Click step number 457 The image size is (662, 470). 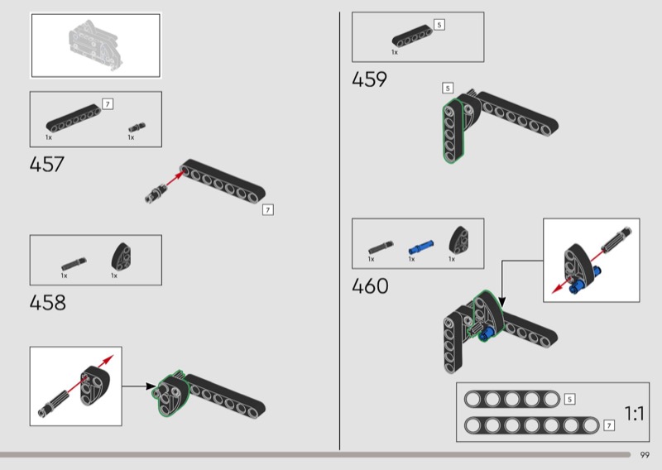tap(47, 165)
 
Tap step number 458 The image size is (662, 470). tap(48, 303)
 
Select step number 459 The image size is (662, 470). tap(369, 79)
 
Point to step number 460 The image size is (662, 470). tap(370, 285)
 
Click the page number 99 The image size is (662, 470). tap(645, 455)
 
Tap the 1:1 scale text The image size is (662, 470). tap(634, 414)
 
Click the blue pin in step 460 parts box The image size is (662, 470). tap(420, 247)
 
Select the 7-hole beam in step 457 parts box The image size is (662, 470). tap(74, 117)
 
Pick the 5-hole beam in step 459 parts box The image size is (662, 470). tap(412, 36)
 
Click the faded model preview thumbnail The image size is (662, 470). tap(95, 45)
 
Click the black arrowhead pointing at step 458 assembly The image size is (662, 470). tap(150, 386)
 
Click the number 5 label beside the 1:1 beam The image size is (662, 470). tap(569, 399)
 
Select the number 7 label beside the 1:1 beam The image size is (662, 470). tap(609, 425)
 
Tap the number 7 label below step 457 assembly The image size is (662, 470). tap(267, 210)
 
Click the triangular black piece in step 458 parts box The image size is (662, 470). tap(121, 257)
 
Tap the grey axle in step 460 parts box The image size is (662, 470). tap(381, 248)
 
